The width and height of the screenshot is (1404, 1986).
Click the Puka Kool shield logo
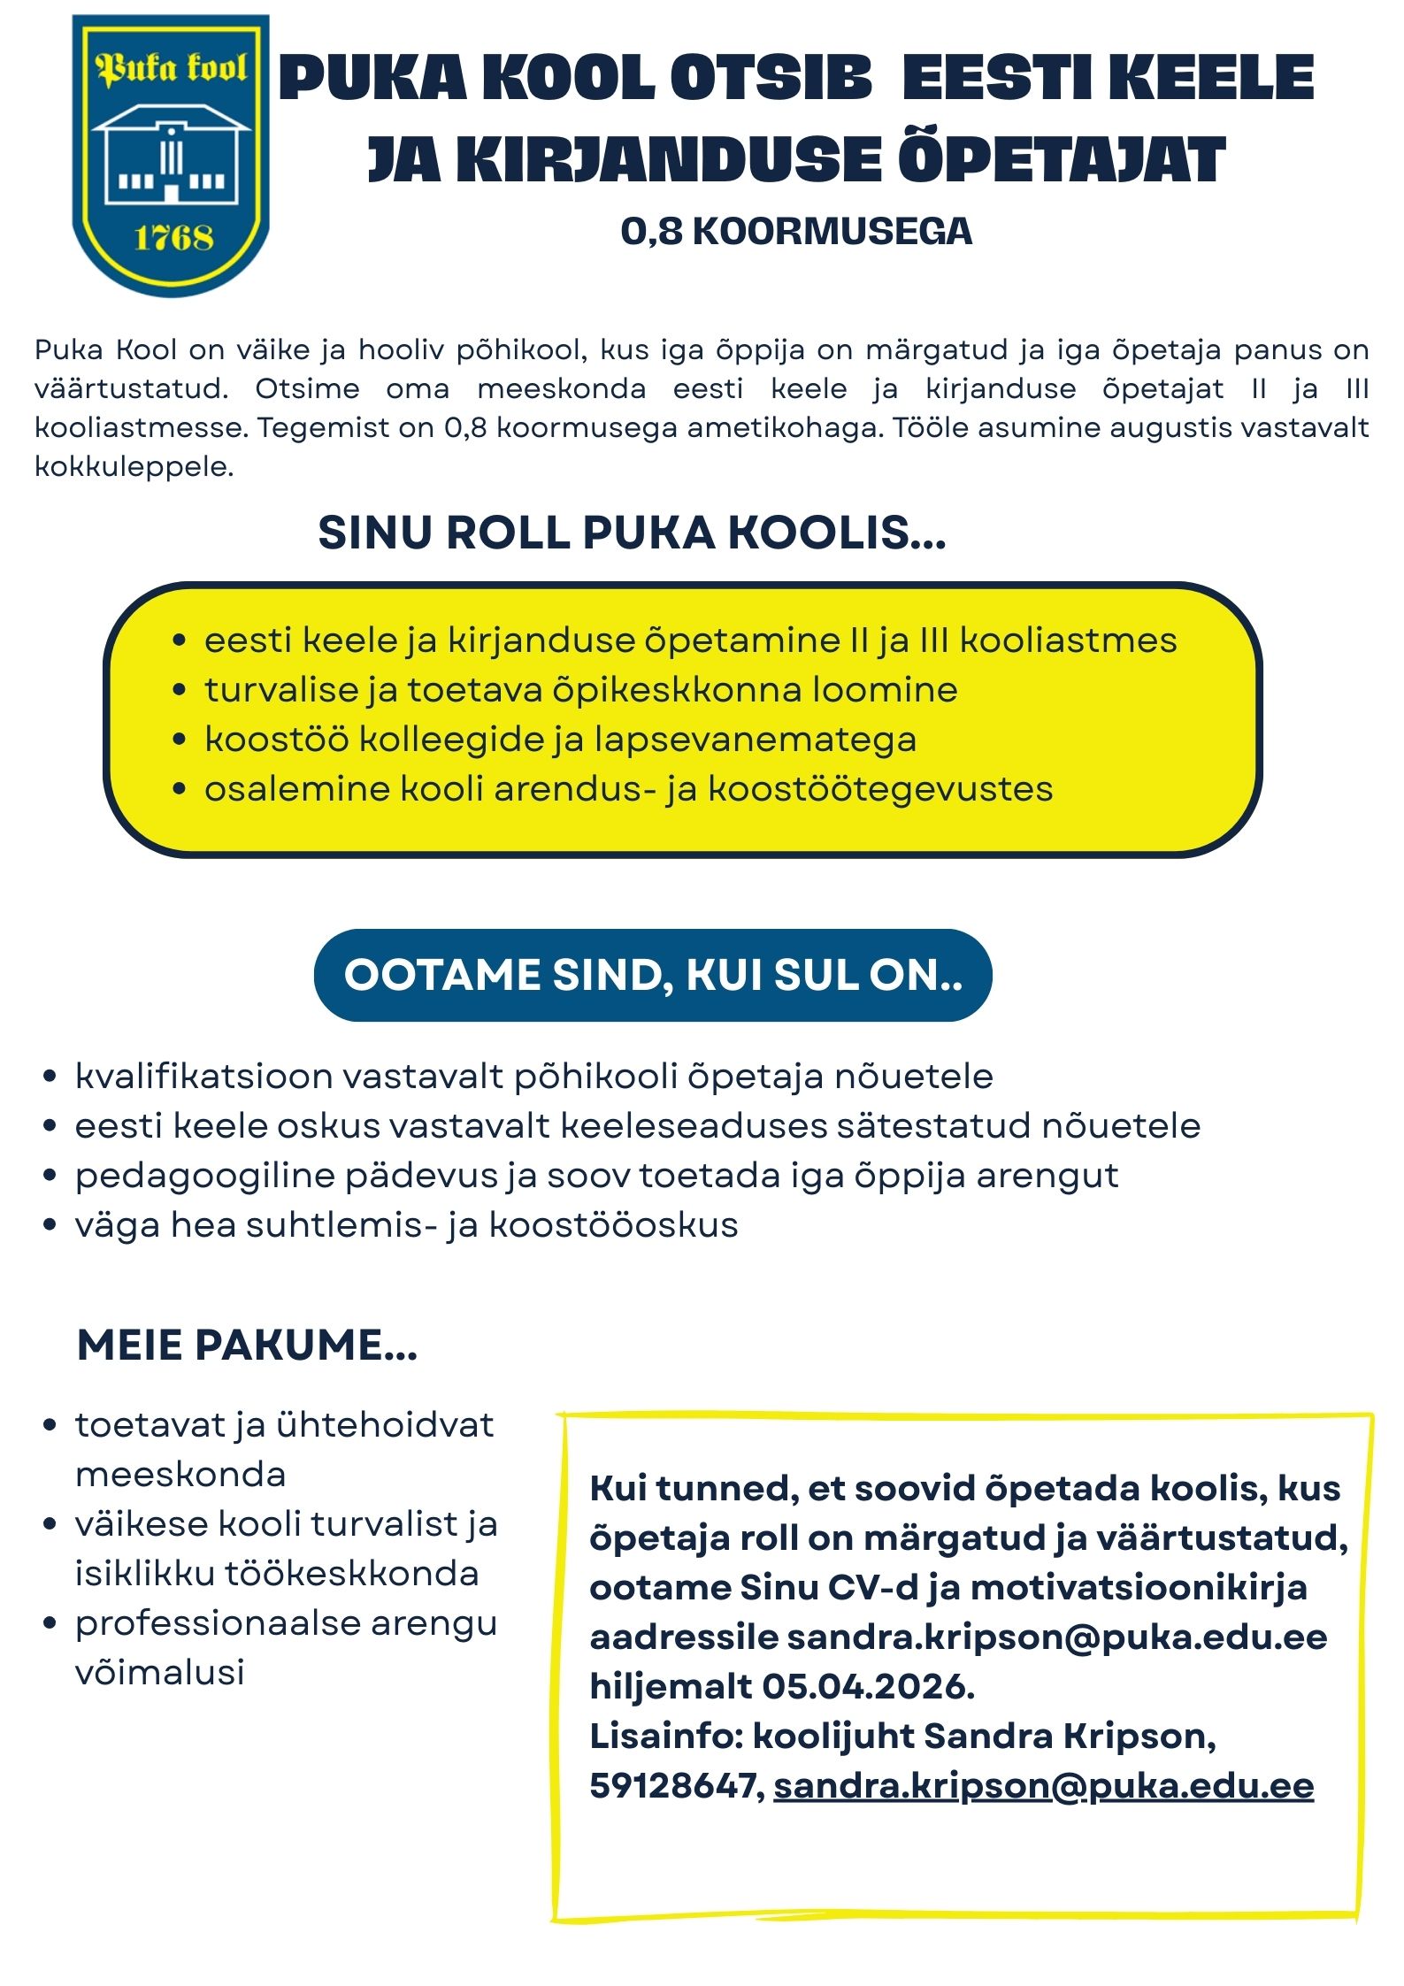170,155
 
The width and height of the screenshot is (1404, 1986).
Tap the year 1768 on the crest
173,237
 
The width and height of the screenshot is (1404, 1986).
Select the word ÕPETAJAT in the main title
1061,161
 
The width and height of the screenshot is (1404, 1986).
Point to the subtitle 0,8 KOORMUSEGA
795,232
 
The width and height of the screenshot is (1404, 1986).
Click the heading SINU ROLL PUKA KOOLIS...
632,533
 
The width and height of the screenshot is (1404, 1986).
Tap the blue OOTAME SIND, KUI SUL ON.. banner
653,975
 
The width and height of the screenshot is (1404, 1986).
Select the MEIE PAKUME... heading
247,1345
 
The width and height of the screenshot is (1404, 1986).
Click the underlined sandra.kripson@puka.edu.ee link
1043,1786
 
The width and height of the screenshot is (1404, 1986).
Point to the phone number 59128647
671,1786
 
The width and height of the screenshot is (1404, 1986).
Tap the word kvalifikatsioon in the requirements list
203,1077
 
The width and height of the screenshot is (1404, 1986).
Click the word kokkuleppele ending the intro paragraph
134,466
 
